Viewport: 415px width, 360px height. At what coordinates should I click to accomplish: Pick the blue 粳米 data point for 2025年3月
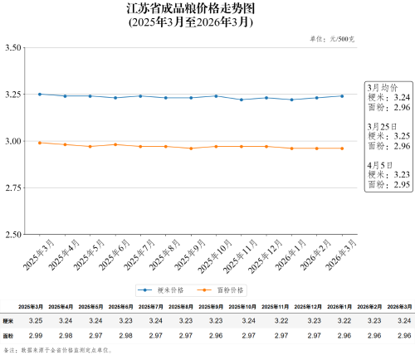coord(39,94)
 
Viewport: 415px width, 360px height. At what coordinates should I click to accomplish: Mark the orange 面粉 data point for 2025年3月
coord(39,143)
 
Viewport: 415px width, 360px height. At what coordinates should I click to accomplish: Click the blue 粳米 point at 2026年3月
coord(341,96)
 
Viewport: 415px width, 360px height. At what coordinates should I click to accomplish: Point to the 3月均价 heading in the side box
coord(383,87)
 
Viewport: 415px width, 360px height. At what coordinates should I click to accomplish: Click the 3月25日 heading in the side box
coord(384,126)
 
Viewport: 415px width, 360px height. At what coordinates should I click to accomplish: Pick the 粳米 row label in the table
coord(9,320)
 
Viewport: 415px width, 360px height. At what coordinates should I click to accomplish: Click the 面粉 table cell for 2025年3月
coord(36,335)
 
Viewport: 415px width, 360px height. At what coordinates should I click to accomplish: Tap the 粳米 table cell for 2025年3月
coord(36,320)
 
